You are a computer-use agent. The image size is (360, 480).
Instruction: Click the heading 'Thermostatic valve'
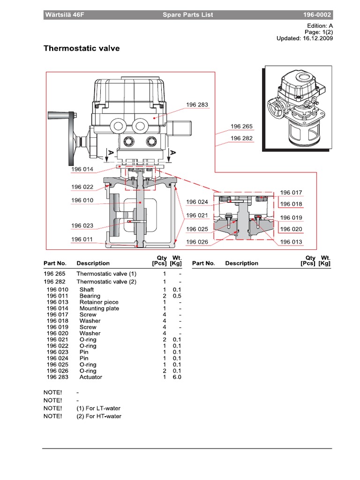point(82,48)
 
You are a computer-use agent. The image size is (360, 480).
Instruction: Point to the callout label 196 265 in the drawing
point(241,127)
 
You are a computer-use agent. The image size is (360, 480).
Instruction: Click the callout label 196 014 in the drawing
point(82,169)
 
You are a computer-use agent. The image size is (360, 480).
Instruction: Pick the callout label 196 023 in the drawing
point(82,225)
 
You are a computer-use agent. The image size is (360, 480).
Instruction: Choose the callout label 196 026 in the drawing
point(197,242)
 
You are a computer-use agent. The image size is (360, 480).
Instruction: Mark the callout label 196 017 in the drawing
point(291,193)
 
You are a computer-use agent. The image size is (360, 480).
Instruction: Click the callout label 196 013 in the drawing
point(291,242)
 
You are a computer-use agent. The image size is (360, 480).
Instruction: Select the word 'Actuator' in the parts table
point(90,377)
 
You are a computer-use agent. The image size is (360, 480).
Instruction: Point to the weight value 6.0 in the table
point(177,377)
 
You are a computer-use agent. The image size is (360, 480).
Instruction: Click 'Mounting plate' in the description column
point(99,308)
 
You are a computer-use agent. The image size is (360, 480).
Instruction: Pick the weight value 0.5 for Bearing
point(177,296)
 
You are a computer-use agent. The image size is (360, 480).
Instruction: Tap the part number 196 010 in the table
point(57,290)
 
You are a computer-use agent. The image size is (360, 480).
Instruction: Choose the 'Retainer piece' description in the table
point(99,302)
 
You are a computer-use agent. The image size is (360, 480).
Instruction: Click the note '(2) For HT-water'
point(98,416)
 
